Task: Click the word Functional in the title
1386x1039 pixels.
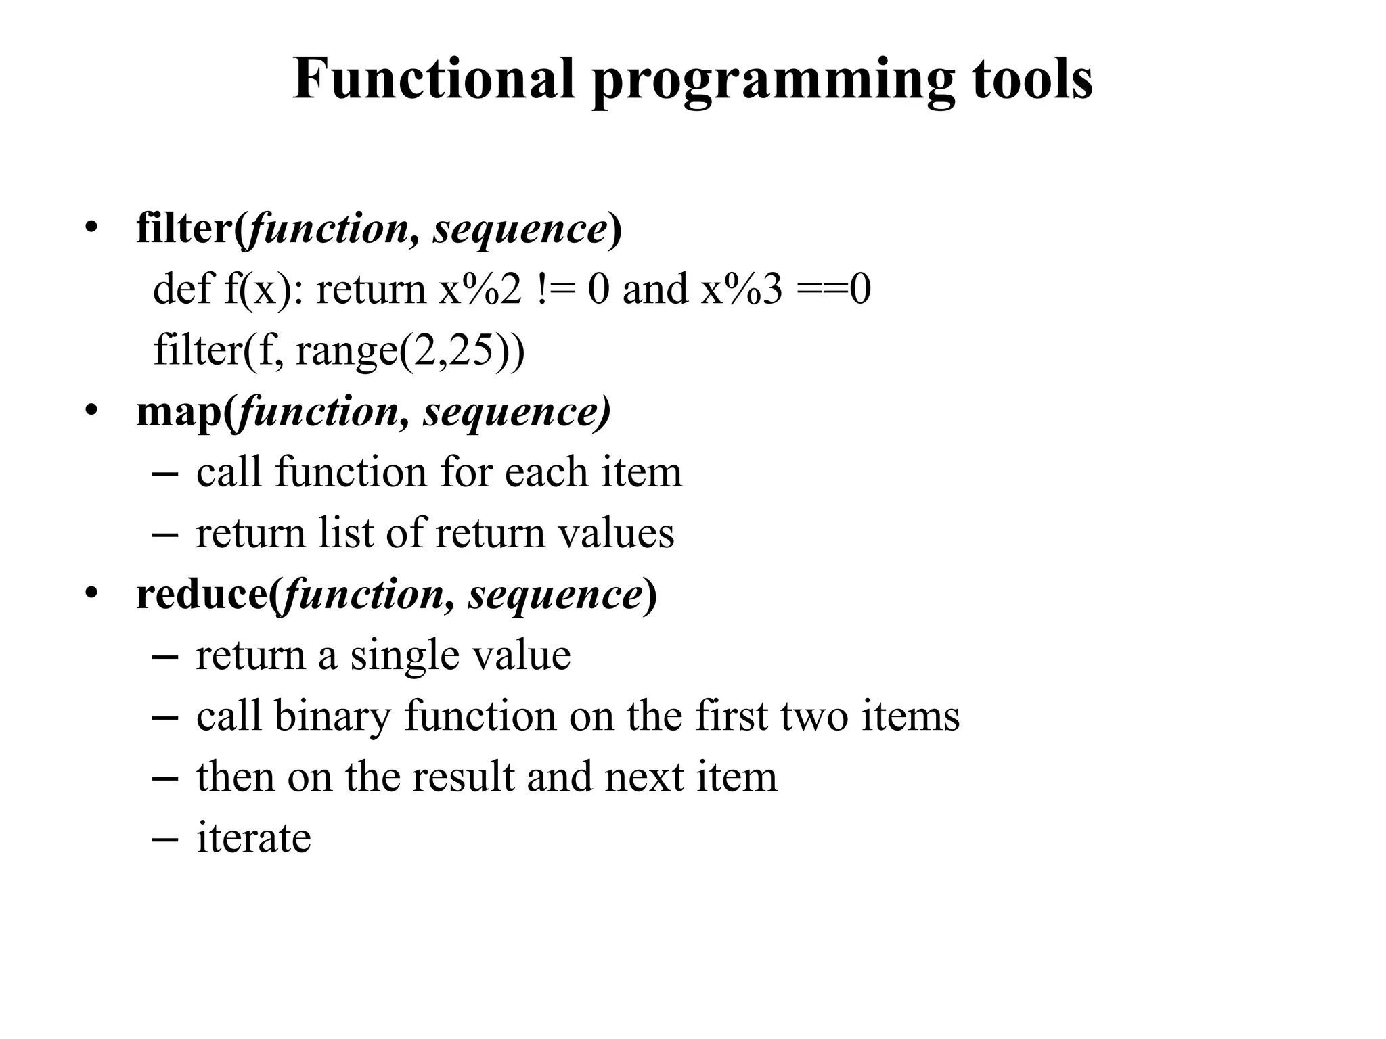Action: tap(433, 79)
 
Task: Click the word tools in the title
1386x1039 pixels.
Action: tap(1032, 79)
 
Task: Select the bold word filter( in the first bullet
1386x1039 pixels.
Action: tap(192, 228)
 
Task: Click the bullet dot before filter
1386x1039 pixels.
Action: tap(91, 228)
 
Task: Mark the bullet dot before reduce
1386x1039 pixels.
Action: tap(91, 595)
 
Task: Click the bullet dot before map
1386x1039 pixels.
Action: tap(91, 411)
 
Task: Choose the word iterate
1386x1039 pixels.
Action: tap(254, 838)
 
